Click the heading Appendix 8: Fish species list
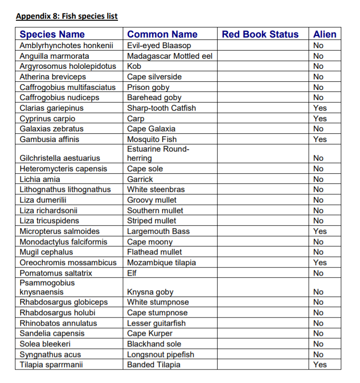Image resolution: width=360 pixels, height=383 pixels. (67, 16)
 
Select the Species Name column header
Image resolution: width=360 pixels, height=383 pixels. (52, 34)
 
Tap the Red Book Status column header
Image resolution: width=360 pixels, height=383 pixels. (260, 34)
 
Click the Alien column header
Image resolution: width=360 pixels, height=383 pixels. (324, 34)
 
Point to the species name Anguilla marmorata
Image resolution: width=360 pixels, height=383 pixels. (54, 56)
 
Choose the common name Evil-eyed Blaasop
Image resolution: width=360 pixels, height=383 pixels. (159, 45)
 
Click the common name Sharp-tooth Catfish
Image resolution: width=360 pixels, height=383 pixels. (161, 108)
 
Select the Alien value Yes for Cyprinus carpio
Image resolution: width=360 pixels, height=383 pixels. (320, 118)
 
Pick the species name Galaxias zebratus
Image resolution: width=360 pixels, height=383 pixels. (51, 128)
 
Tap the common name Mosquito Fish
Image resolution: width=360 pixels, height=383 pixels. (152, 139)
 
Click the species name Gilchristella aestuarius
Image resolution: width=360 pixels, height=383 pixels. (60, 158)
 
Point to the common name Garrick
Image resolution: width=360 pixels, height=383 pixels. (140, 179)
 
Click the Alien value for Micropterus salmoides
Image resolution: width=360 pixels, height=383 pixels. (320, 231)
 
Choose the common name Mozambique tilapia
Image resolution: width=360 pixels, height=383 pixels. (161, 262)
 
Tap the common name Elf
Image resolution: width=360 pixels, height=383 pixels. (132, 273)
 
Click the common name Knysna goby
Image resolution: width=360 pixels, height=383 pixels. (150, 292)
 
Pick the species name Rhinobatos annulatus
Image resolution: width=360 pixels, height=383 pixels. (58, 323)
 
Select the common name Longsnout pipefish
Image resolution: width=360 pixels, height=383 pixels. (161, 354)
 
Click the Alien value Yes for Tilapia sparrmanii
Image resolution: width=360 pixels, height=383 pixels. (320, 364)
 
